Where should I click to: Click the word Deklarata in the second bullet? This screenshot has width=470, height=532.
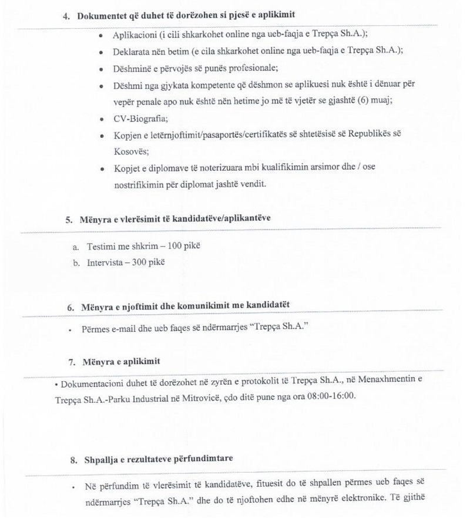[x=133, y=52]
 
